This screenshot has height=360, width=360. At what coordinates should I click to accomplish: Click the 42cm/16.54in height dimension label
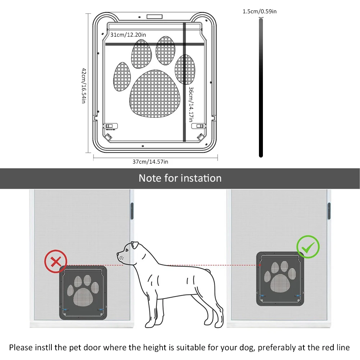coord(83,86)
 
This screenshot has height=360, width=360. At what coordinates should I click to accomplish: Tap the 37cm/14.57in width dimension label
coord(150,162)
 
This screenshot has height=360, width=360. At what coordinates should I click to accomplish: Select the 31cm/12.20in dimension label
coord(128,35)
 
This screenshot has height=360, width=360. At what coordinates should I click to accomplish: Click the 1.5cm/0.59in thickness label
coord(260,12)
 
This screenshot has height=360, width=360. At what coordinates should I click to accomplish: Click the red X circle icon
coord(56,261)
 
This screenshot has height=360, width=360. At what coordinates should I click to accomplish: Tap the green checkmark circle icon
coord(308,247)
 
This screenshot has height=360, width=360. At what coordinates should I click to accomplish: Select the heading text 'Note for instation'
coord(180,178)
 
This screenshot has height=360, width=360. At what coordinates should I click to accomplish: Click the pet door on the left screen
coord(83,292)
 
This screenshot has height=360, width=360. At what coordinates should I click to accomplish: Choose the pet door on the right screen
coord(280,279)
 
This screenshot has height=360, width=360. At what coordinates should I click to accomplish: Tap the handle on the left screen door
coord(132,211)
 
